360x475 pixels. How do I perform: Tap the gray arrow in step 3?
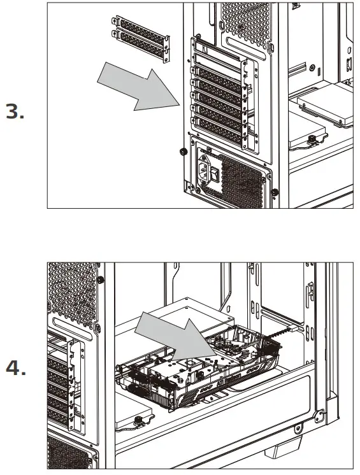pos(141,85)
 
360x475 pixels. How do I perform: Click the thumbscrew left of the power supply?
pos(182,152)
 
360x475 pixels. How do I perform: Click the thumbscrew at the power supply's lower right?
pos(273,192)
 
